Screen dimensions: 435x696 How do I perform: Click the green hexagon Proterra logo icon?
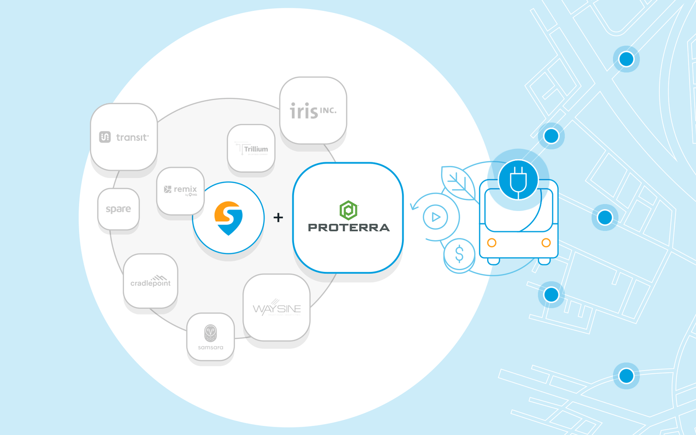(x=348, y=210)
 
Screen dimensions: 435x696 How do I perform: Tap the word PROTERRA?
(x=348, y=228)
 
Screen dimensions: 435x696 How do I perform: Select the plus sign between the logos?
(x=278, y=217)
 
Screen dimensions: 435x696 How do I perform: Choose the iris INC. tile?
(x=313, y=111)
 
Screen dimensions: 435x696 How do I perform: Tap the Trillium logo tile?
(x=251, y=149)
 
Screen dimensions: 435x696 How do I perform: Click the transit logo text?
(x=132, y=137)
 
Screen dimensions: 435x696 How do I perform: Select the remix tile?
(x=181, y=190)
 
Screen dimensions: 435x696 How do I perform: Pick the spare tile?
(x=118, y=209)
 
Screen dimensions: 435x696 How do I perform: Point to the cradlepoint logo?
(x=151, y=281)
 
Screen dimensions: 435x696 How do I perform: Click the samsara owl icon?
(x=211, y=333)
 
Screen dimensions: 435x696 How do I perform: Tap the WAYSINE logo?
(x=277, y=308)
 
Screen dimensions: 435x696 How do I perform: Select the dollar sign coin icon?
(x=459, y=254)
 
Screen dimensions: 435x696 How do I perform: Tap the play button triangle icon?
(x=436, y=217)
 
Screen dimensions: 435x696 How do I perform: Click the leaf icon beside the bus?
(x=458, y=183)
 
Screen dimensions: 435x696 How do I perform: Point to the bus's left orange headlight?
(x=492, y=243)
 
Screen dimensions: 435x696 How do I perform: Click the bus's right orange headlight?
(x=546, y=243)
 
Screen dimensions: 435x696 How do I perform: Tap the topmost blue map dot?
(x=626, y=59)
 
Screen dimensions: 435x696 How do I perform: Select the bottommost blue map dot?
(x=626, y=375)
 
